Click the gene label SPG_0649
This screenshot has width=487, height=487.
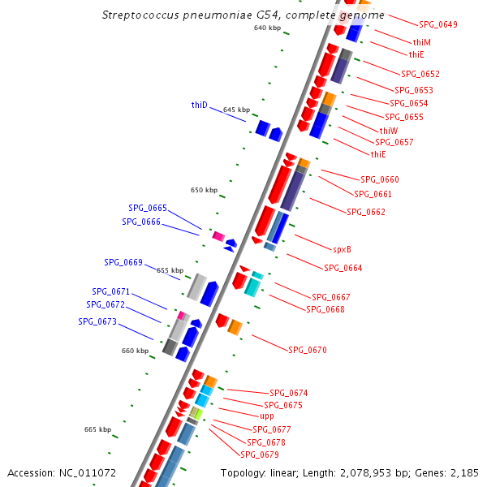tap(437, 24)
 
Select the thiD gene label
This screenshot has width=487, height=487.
tap(200, 105)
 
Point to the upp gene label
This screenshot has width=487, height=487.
tap(267, 416)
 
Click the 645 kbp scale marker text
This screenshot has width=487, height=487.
tap(236, 110)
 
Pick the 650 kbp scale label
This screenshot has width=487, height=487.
tap(205, 190)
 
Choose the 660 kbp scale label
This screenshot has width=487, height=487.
tap(136, 351)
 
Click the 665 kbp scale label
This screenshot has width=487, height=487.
tap(97, 429)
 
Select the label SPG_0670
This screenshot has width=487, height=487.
tap(308, 350)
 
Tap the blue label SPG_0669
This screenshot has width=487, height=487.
tap(123, 262)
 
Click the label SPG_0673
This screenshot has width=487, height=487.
tap(97, 321)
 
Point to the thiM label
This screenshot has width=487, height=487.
tap(421, 42)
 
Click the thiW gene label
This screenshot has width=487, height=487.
tap(389, 131)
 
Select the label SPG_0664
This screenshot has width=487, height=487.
tap(343, 268)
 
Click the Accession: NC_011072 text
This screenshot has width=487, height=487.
tap(62, 472)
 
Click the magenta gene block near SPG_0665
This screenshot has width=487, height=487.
tap(218, 235)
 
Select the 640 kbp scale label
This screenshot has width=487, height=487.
tap(267, 28)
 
